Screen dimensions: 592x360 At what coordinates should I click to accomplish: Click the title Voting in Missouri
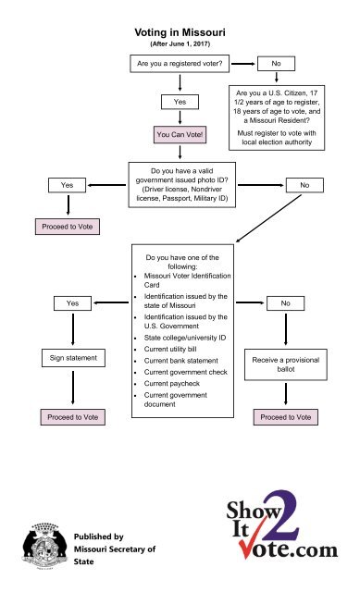click(180, 31)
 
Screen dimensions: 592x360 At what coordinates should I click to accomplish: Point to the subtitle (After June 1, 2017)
click(180, 44)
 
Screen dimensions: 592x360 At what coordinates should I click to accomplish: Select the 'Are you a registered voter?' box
click(180, 64)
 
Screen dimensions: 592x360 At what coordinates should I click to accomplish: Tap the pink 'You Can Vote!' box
click(180, 137)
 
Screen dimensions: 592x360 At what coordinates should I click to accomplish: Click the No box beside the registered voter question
click(276, 64)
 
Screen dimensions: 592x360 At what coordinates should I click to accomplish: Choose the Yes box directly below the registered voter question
click(180, 101)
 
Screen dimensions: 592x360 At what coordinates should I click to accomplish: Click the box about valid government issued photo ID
click(180, 185)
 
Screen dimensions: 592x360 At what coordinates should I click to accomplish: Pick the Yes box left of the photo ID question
click(67, 185)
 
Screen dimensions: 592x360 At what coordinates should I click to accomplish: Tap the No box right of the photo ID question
click(304, 186)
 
